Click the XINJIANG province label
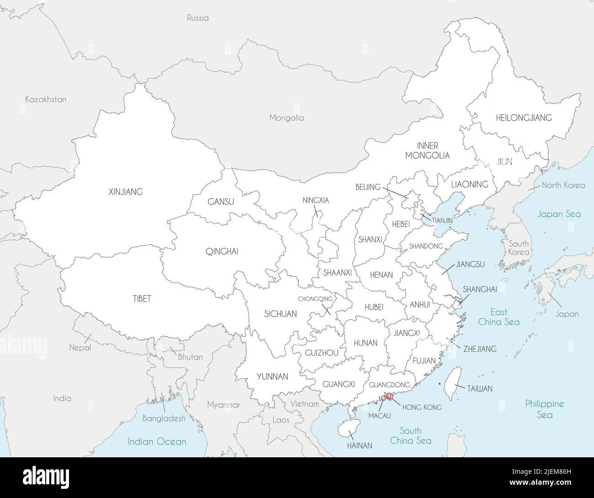click(x=125, y=192)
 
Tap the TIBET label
click(x=142, y=299)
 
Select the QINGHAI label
click(x=222, y=251)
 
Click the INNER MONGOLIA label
click(x=427, y=150)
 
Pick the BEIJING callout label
click(x=368, y=187)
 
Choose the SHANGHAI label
click(x=480, y=289)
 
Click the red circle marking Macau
click(x=383, y=398)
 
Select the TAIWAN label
click(x=479, y=389)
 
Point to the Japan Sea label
click(x=559, y=214)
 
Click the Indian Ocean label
click(x=157, y=442)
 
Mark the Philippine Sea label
click(x=544, y=409)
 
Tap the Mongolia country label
click(x=286, y=118)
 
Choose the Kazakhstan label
click(x=46, y=99)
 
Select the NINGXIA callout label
click(x=316, y=200)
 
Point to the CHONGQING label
click(x=315, y=299)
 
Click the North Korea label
click(x=563, y=185)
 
